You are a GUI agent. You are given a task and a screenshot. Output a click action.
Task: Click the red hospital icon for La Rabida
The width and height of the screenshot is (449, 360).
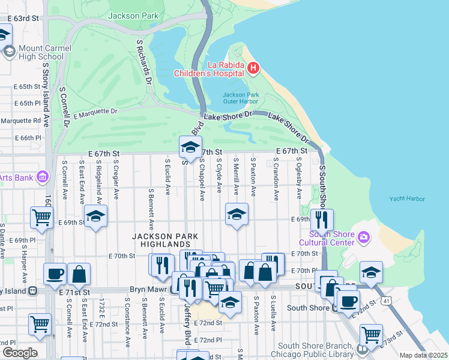(x=253, y=68)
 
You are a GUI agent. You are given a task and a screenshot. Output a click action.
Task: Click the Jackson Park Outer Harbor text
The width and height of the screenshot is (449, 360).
(x=240, y=98)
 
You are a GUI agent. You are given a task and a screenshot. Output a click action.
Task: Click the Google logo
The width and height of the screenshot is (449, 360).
(x=19, y=353)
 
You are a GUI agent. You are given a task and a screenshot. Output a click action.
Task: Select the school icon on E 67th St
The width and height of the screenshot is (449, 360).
(x=190, y=147)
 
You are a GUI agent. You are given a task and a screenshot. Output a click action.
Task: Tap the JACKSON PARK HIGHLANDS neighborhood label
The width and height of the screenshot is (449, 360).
(x=161, y=241)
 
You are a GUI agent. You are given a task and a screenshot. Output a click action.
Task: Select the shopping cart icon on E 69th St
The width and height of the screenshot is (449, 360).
(x=41, y=217)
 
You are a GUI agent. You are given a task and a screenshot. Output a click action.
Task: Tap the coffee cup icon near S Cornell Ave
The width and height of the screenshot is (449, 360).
(x=55, y=274)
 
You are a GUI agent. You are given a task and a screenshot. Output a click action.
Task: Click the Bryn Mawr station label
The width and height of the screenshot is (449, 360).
(x=149, y=290)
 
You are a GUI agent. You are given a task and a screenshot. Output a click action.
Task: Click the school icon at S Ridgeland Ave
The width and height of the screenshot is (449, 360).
(x=95, y=216)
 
